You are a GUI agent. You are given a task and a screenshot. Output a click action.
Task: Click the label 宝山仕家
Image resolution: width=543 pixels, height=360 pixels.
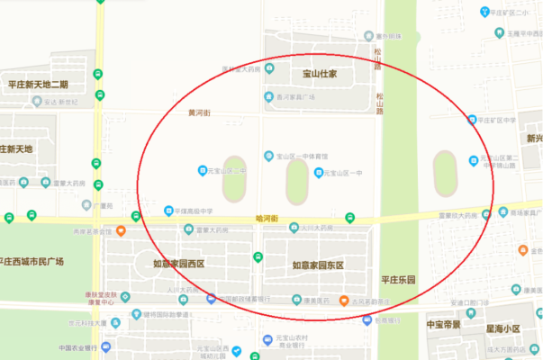click(x=319, y=74)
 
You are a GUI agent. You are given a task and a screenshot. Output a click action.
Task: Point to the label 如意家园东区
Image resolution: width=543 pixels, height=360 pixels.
click(x=318, y=265)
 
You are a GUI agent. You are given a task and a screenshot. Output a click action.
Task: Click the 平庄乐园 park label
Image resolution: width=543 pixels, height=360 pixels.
click(x=399, y=281)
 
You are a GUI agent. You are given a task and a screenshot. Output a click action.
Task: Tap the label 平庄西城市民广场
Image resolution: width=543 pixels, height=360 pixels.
click(x=33, y=262)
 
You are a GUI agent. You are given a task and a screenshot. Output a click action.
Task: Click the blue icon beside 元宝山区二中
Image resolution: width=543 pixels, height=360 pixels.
click(x=202, y=170)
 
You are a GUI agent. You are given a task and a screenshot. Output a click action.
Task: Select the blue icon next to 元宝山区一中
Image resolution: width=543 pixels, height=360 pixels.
click(x=317, y=173)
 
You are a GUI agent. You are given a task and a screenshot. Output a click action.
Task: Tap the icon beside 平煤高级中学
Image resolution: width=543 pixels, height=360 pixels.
click(x=167, y=211)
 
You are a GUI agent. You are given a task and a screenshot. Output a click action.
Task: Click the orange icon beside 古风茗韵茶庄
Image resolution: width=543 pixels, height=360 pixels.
click(x=343, y=301)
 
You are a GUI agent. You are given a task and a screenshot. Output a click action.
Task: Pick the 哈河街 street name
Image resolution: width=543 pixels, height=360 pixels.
click(x=267, y=219)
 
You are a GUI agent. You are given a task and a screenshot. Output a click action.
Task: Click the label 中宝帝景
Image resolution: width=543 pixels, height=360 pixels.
click(x=443, y=324)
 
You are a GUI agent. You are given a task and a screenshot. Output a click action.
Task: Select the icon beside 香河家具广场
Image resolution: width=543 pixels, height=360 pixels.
click(x=267, y=96)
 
